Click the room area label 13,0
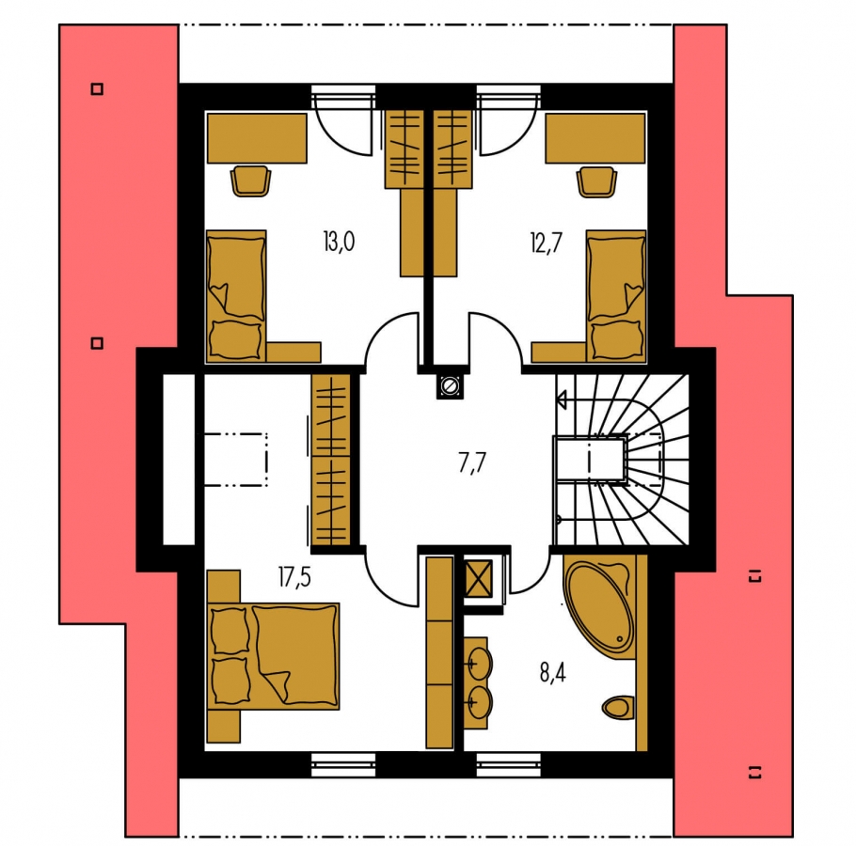click(339, 242)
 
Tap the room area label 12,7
click(546, 243)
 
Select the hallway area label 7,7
click(471, 463)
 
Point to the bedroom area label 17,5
click(294, 576)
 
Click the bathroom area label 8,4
click(552, 672)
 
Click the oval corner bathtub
click(599, 606)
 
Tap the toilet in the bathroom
click(619, 708)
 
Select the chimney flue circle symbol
click(450, 385)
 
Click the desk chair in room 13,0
click(250, 180)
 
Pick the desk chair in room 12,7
click(596, 181)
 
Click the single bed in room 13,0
click(236, 296)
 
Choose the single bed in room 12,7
click(616, 296)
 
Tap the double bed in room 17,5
click(274, 656)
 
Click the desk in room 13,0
click(257, 138)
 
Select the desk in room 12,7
click(595, 138)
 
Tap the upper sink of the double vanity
click(480, 664)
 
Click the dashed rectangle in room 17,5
click(236, 460)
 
